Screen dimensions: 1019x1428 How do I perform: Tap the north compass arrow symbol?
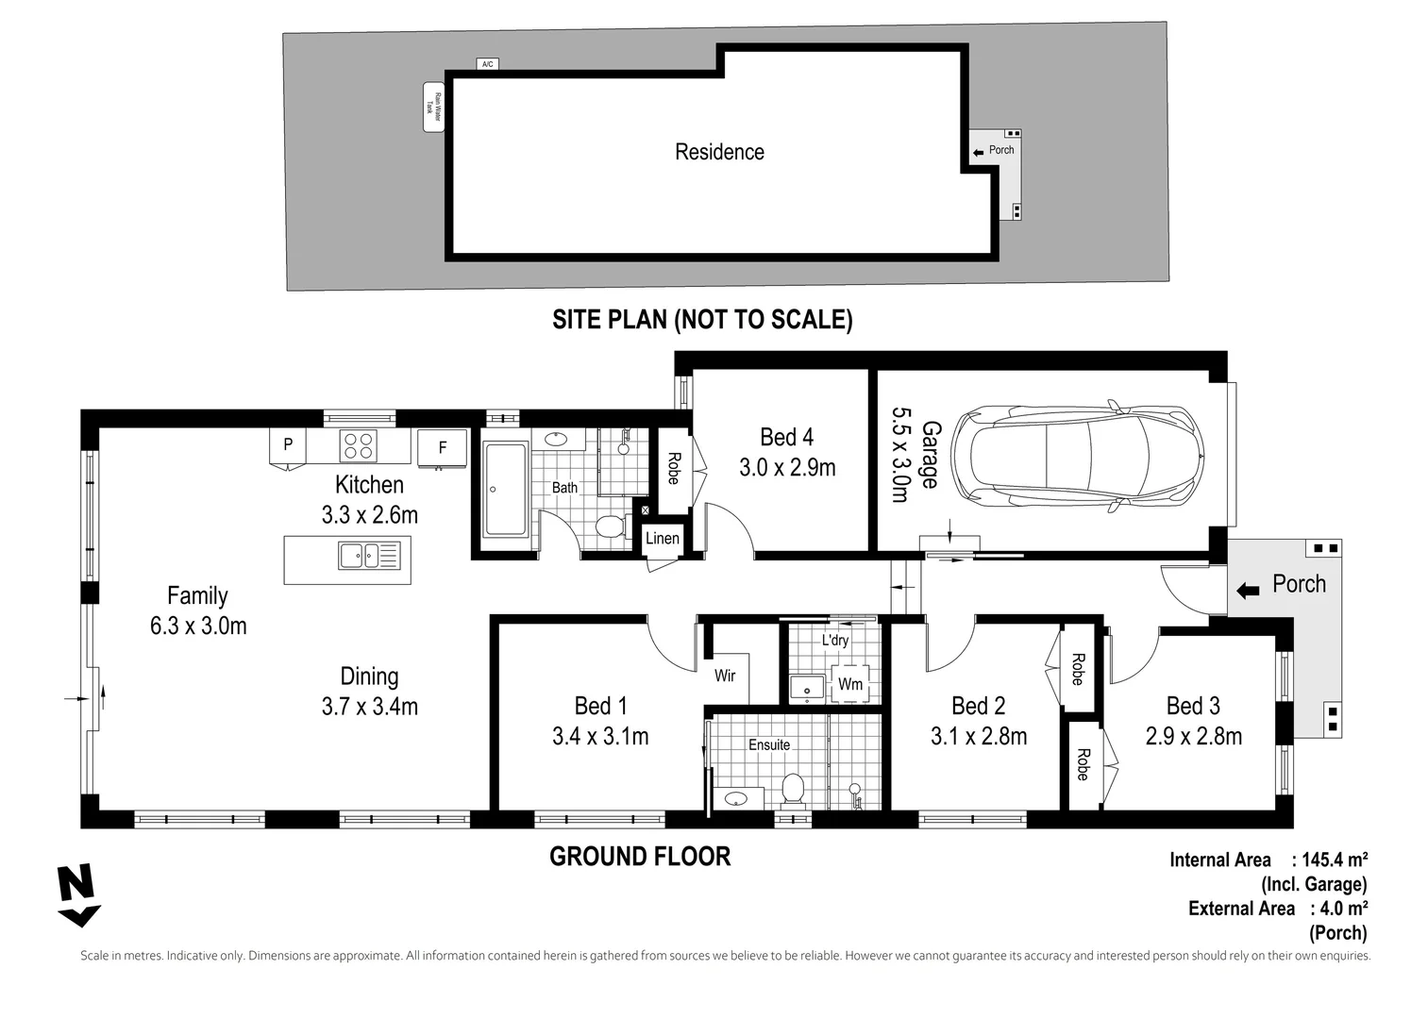tap(77, 894)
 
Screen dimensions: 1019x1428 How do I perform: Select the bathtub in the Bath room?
tap(506, 489)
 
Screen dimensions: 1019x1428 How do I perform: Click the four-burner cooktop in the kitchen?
tap(358, 445)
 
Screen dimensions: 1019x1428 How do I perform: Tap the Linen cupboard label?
tap(662, 538)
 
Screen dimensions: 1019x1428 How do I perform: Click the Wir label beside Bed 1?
tap(725, 676)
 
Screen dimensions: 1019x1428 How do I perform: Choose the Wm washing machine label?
tap(849, 684)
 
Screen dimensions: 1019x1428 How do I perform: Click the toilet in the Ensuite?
tap(793, 790)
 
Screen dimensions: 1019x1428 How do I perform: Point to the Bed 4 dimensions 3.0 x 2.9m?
tap(786, 467)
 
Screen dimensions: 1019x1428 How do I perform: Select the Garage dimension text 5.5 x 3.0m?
tap(899, 455)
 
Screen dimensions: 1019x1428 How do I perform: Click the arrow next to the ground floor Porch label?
tap(1248, 591)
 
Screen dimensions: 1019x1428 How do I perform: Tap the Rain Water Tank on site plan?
tap(433, 107)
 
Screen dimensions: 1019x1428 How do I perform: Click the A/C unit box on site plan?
tap(487, 64)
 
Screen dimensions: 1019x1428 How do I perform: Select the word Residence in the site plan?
tap(719, 152)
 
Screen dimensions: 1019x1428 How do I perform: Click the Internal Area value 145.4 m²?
tap(1335, 860)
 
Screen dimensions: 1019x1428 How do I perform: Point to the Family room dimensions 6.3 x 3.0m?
tap(198, 626)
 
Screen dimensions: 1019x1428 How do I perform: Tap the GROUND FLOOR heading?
tap(640, 857)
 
